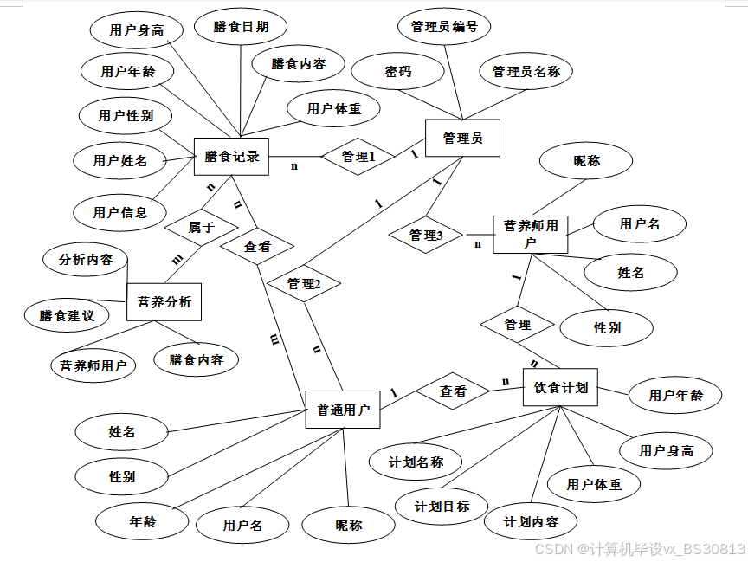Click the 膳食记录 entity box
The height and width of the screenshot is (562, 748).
click(232, 157)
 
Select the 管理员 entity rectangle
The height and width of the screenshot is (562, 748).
click(462, 138)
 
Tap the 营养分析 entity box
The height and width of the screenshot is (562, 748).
click(164, 302)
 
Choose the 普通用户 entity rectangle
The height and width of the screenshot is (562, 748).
click(343, 410)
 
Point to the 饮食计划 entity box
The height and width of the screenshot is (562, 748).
click(561, 387)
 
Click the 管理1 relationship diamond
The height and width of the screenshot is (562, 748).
click(358, 157)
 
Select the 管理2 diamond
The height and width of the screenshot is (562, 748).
click(304, 283)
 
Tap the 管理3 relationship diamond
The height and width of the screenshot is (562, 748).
click(426, 235)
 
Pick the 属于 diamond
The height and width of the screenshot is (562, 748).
click(201, 228)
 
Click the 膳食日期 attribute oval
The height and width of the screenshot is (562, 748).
click(241, 27)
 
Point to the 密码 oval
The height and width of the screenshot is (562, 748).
click(398, 72)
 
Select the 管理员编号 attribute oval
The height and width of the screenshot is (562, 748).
click(444, 27)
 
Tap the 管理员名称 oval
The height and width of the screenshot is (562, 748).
click(526, 72)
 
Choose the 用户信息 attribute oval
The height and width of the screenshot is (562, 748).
click(120, 211)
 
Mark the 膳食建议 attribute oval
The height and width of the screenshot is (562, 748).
click(67, 315)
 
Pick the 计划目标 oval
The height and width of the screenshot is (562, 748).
click(442, 506)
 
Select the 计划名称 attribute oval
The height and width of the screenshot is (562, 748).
click(416, 462)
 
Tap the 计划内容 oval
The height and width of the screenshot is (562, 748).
click(532, 522)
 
